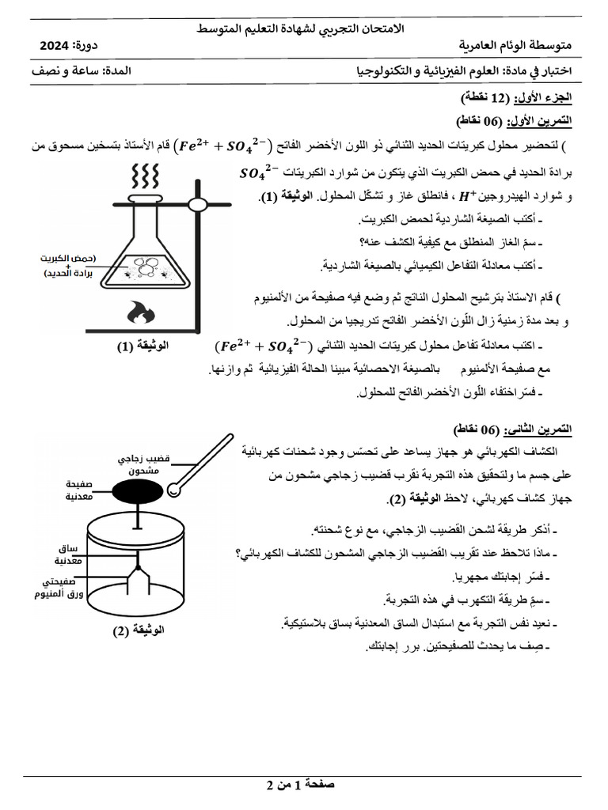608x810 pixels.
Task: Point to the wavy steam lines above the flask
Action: (x=146, y=173)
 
